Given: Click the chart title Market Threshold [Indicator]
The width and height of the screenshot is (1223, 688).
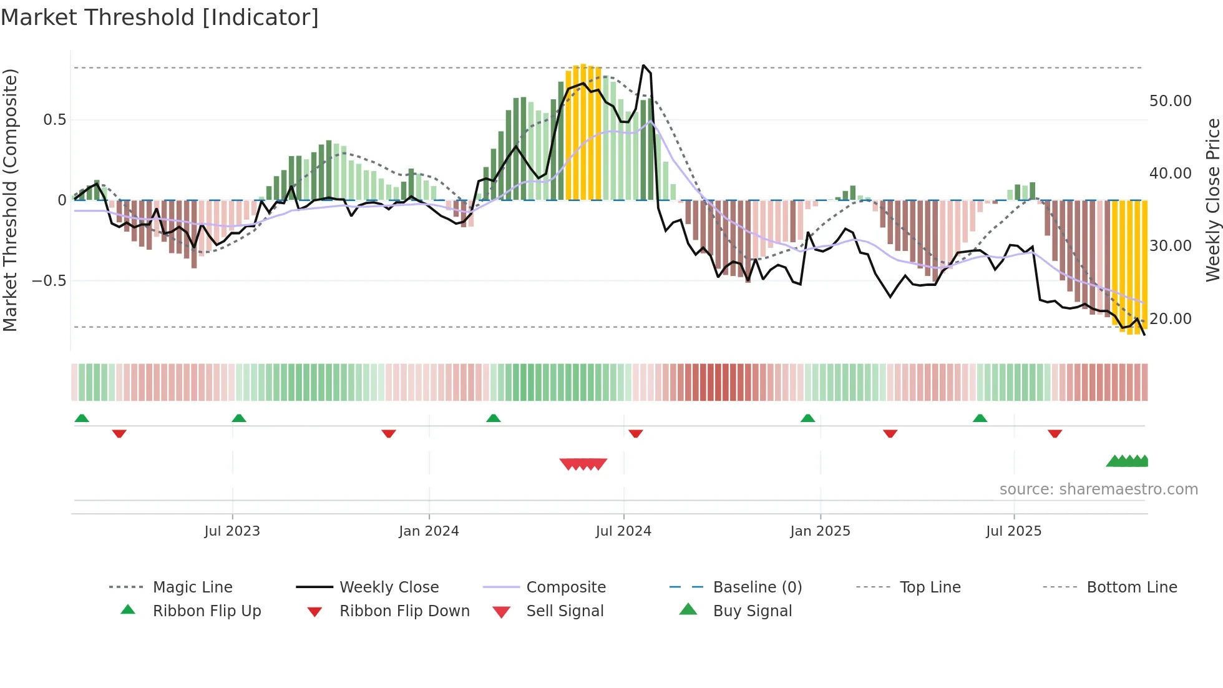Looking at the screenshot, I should click(x=160, y=17).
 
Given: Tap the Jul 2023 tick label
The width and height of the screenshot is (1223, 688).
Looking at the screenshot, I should click(x=232, y=531).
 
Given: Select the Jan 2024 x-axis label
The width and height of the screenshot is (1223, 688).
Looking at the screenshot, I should click(x=429, y=531).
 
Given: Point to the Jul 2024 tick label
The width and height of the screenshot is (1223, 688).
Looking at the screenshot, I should click(x=623, y=531).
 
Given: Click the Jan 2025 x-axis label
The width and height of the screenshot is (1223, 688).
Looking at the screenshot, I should click(x=820, y=531).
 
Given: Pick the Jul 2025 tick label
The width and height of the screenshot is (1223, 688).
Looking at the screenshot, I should click(x=1014, y=531).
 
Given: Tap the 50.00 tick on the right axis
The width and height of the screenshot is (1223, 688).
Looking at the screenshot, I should click(x=1170, y=101).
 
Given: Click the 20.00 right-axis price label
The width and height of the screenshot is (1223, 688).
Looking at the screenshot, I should click(x=1170, y=319).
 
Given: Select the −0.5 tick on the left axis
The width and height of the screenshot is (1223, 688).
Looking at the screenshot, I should click(x=49, y=281).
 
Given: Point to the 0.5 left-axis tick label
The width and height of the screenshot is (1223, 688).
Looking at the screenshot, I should click(x=55, y=120).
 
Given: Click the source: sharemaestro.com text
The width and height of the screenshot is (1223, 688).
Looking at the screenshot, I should click(x=1098, y=489).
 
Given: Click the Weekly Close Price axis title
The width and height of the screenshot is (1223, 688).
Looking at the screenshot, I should click(x=1212, y=200).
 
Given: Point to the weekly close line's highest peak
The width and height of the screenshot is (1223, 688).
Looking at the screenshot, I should click(x=643, y=65).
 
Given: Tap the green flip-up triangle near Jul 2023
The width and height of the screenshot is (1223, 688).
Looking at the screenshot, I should click(x=239, y=418).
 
